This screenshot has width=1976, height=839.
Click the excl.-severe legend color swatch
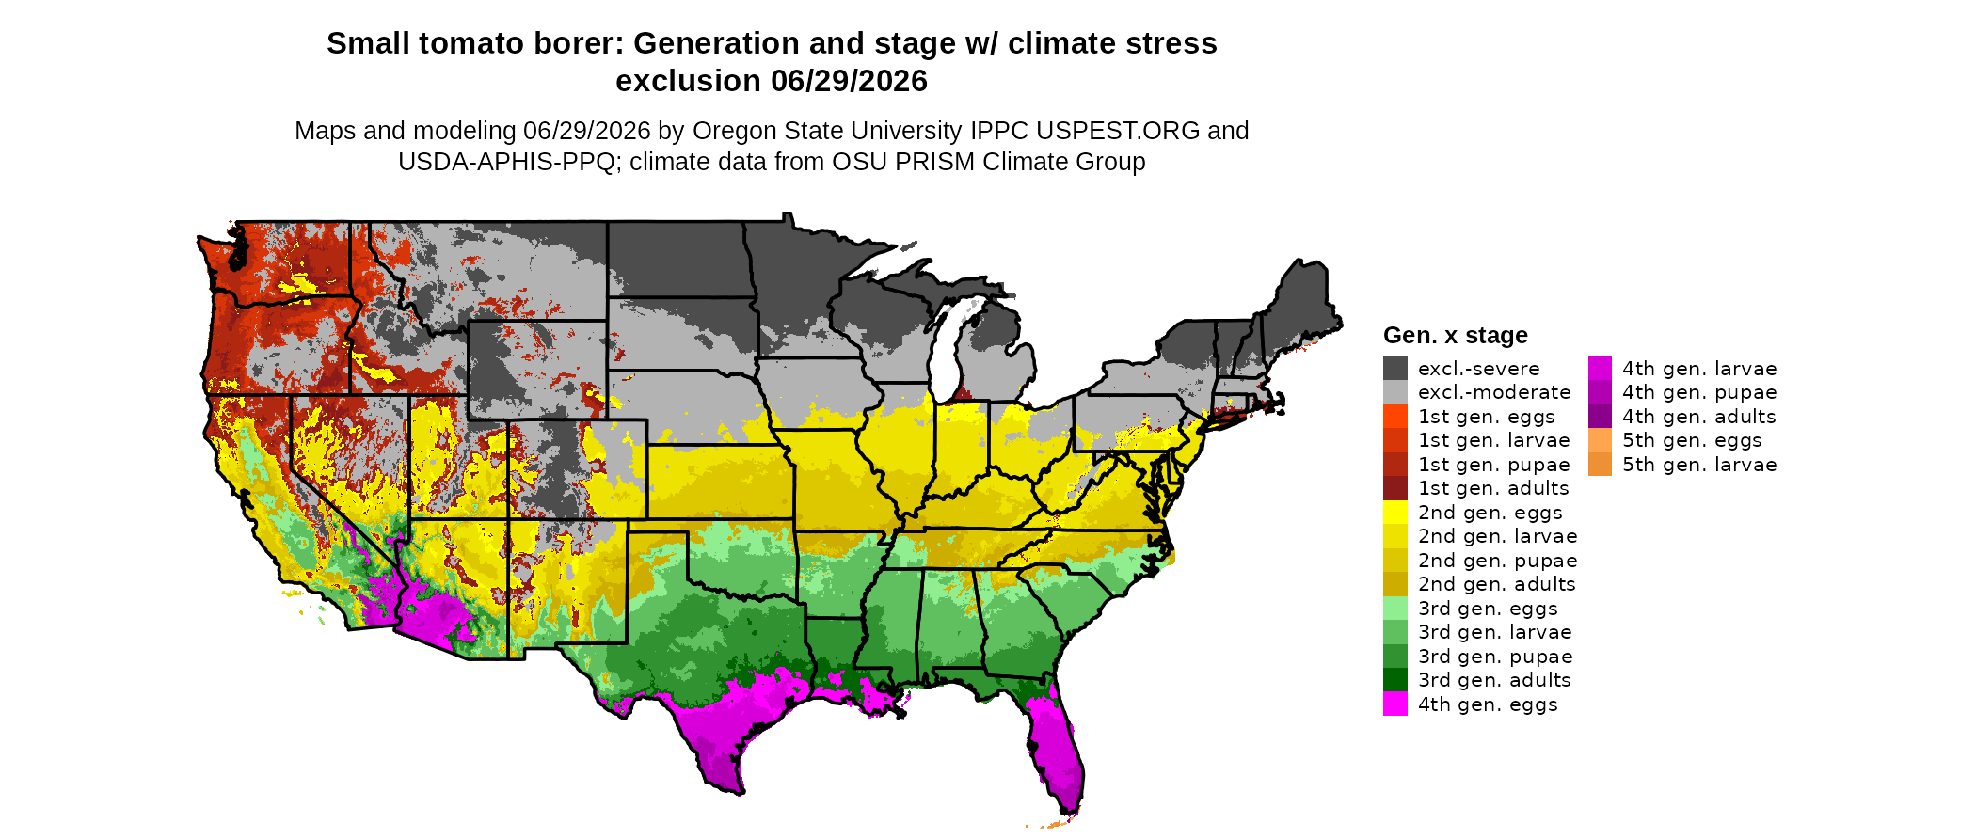[1395, 369]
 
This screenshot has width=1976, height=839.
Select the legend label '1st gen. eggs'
[1487, 417]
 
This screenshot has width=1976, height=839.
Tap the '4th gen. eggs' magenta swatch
[1395, 704]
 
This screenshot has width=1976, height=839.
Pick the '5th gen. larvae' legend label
[1699, 465]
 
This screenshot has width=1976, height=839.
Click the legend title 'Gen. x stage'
[1456, 335]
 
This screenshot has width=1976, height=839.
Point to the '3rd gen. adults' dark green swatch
[1395, 680]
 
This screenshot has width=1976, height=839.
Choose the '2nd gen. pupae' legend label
[1498, 561]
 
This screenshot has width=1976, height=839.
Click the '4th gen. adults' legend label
[1699, 417]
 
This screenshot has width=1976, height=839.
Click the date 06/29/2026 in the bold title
[850, 81]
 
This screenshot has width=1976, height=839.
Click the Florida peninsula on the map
[1059, 752]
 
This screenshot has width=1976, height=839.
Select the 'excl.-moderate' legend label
[1494, 392]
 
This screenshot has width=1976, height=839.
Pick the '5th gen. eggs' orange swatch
[1601, 440]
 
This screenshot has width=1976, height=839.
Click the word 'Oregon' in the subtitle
[725, 132]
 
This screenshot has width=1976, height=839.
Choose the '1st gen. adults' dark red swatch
[1395, 488]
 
